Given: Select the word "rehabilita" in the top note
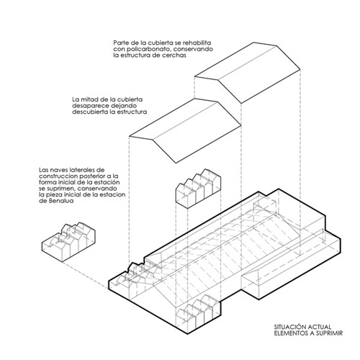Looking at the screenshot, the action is (197, 43).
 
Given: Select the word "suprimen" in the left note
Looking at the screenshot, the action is (58, 188).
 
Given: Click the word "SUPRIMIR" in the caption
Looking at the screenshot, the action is (330, 333).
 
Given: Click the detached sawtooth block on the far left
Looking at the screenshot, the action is (68, 242).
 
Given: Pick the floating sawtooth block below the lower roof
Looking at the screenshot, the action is (199, 189).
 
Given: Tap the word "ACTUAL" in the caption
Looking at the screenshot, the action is (320, 327).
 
